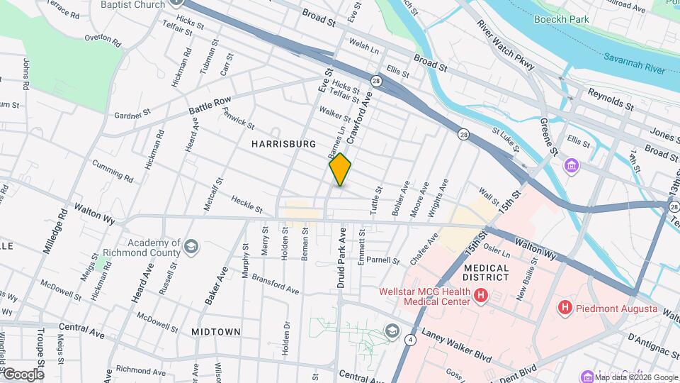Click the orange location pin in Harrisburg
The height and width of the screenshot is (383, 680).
coord(340,169)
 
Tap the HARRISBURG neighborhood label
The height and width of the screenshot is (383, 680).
coord(283,144)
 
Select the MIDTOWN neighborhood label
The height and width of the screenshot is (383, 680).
coord(216,331)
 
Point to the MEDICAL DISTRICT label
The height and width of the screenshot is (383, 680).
coord(487,272)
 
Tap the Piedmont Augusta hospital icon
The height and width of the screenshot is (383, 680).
coord(565,307)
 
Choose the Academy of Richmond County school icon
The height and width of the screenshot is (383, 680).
coord(191,246)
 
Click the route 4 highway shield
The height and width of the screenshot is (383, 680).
coord(410,340)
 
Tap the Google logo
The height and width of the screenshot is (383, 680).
coord(23,374)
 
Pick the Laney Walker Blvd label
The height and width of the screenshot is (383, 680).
coord(457,343)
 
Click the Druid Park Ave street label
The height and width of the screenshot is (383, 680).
coord(341,257)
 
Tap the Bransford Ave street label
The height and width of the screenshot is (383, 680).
coord(275,284)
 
